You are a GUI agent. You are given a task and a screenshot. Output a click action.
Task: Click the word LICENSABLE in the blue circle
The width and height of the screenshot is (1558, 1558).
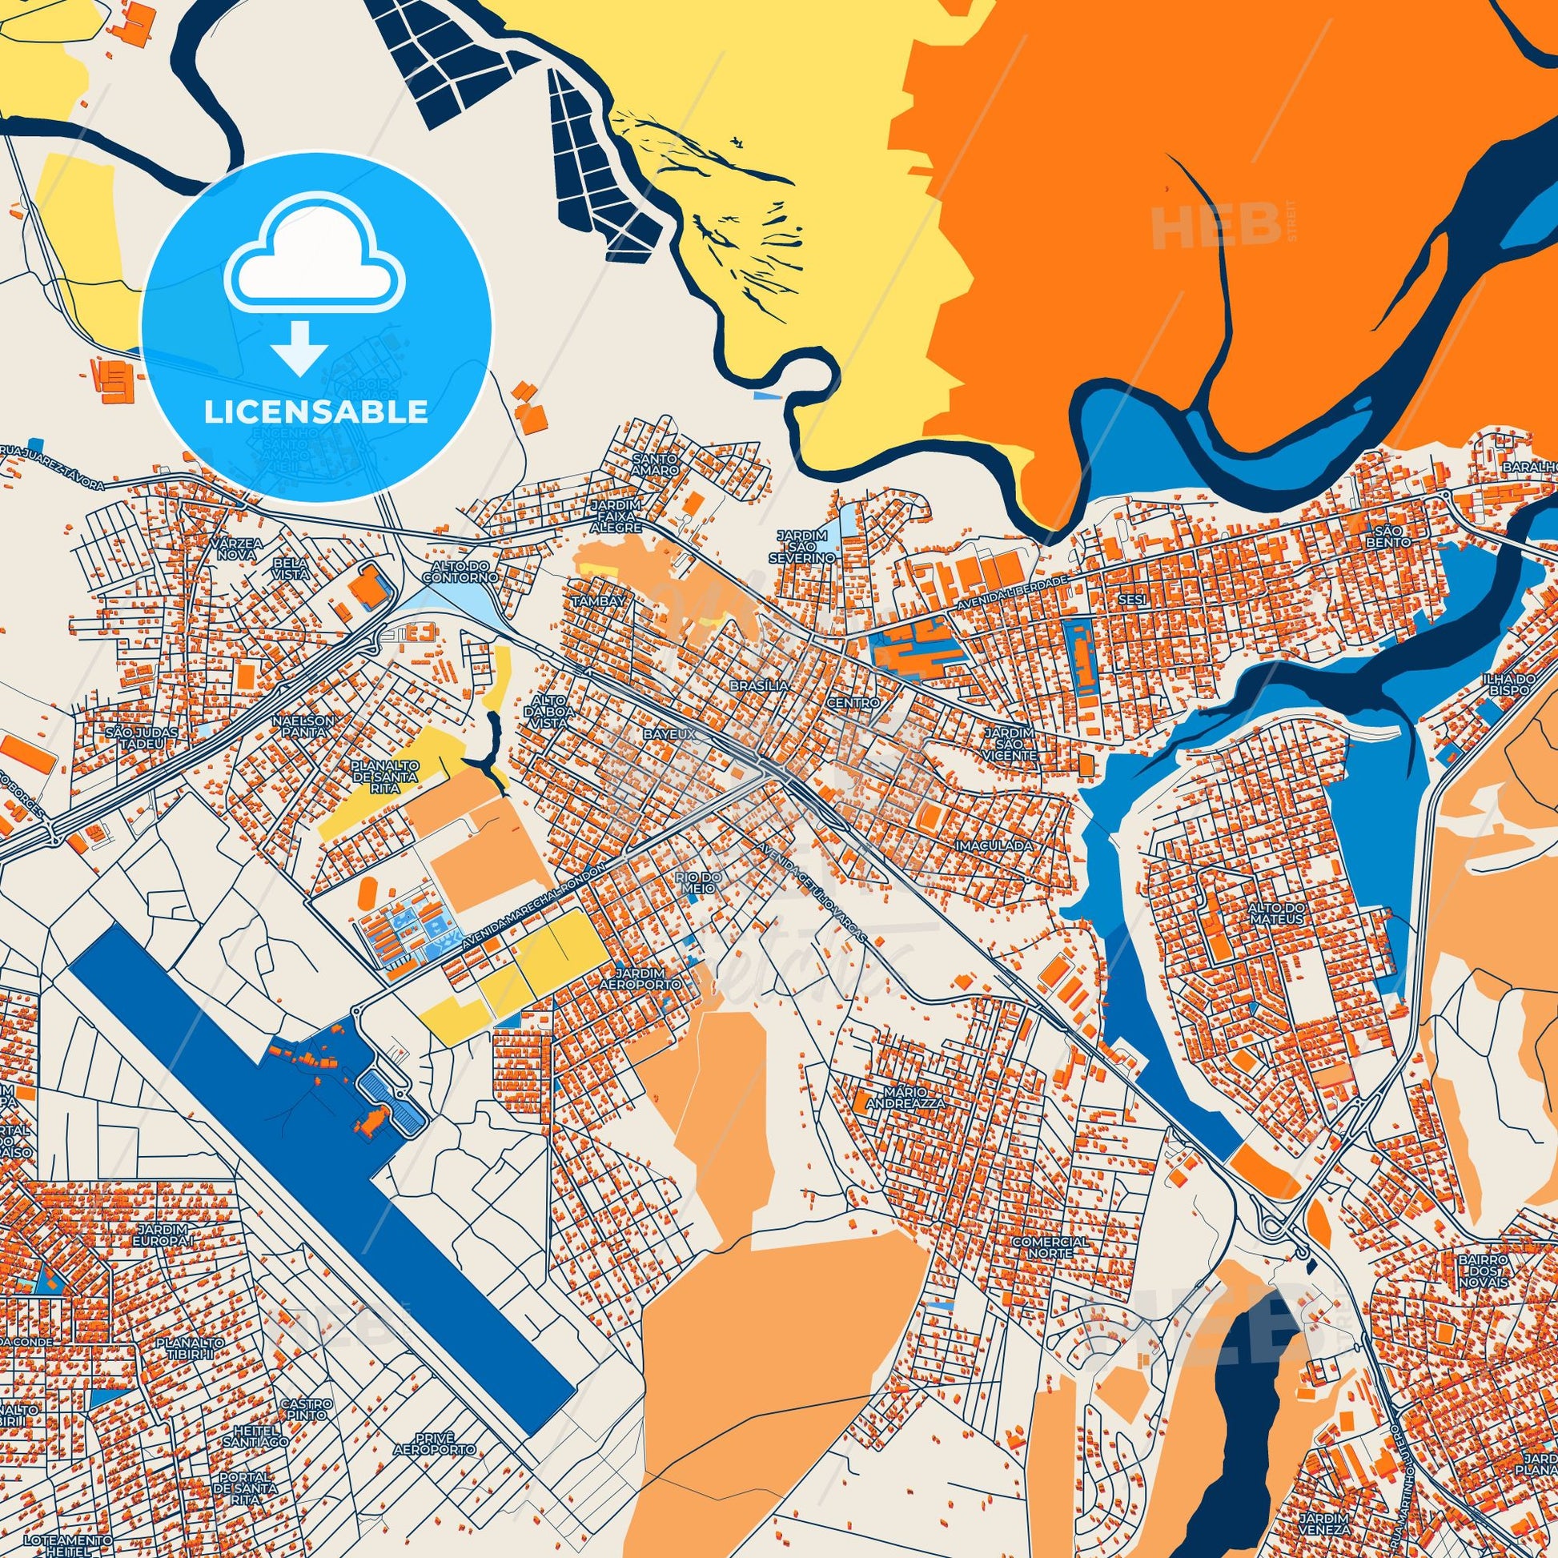pos(315,412)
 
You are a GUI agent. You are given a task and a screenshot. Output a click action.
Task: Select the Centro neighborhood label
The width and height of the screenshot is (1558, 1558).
pos(857,702)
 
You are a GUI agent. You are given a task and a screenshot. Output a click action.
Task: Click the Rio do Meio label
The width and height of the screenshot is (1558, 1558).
pos(695,881)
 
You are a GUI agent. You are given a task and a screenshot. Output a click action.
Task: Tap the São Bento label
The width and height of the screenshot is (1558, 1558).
pos(1394,537)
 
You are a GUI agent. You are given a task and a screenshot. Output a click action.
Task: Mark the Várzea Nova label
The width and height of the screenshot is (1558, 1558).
pos(235,549)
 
